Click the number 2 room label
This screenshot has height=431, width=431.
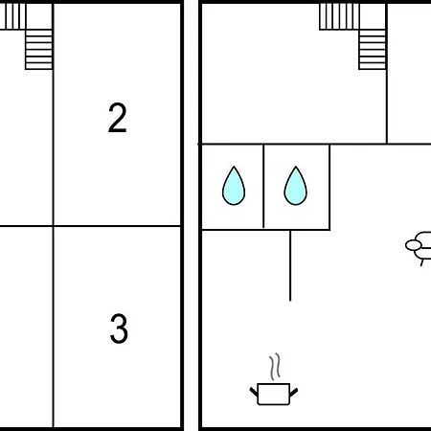click(x=118, y=118)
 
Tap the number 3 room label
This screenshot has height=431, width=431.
click(x=119, y=329)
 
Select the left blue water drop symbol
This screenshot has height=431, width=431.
click(x=234, y=186)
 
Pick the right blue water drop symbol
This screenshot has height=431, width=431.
click(x=296, y=186)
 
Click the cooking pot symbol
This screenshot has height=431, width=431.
click(x=274, y=394)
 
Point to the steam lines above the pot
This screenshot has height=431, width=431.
click(x=275, y=367)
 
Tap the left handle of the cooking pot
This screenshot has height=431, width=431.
click(x=254, y=392)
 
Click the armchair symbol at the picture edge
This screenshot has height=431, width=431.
click(x=419, y=248)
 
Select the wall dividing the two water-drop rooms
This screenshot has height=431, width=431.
click(x=263, y=186)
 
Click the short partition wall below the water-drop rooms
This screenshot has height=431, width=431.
click(x=290, y=265)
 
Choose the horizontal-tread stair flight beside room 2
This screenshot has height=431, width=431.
click(x=38, y=49)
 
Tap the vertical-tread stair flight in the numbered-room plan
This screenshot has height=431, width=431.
click(x=12, y=16)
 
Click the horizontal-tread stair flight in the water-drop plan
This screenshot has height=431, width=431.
click(x=373, y=49)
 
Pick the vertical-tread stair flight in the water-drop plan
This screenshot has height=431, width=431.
click(x=339, y=16)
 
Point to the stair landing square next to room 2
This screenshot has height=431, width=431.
click(x=39, y=16)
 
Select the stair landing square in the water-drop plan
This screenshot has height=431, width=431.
click(x=373, y=16)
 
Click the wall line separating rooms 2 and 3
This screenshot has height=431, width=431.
click(x=117, y=226)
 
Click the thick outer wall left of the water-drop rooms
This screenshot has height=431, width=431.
click(x=200, y=187)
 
